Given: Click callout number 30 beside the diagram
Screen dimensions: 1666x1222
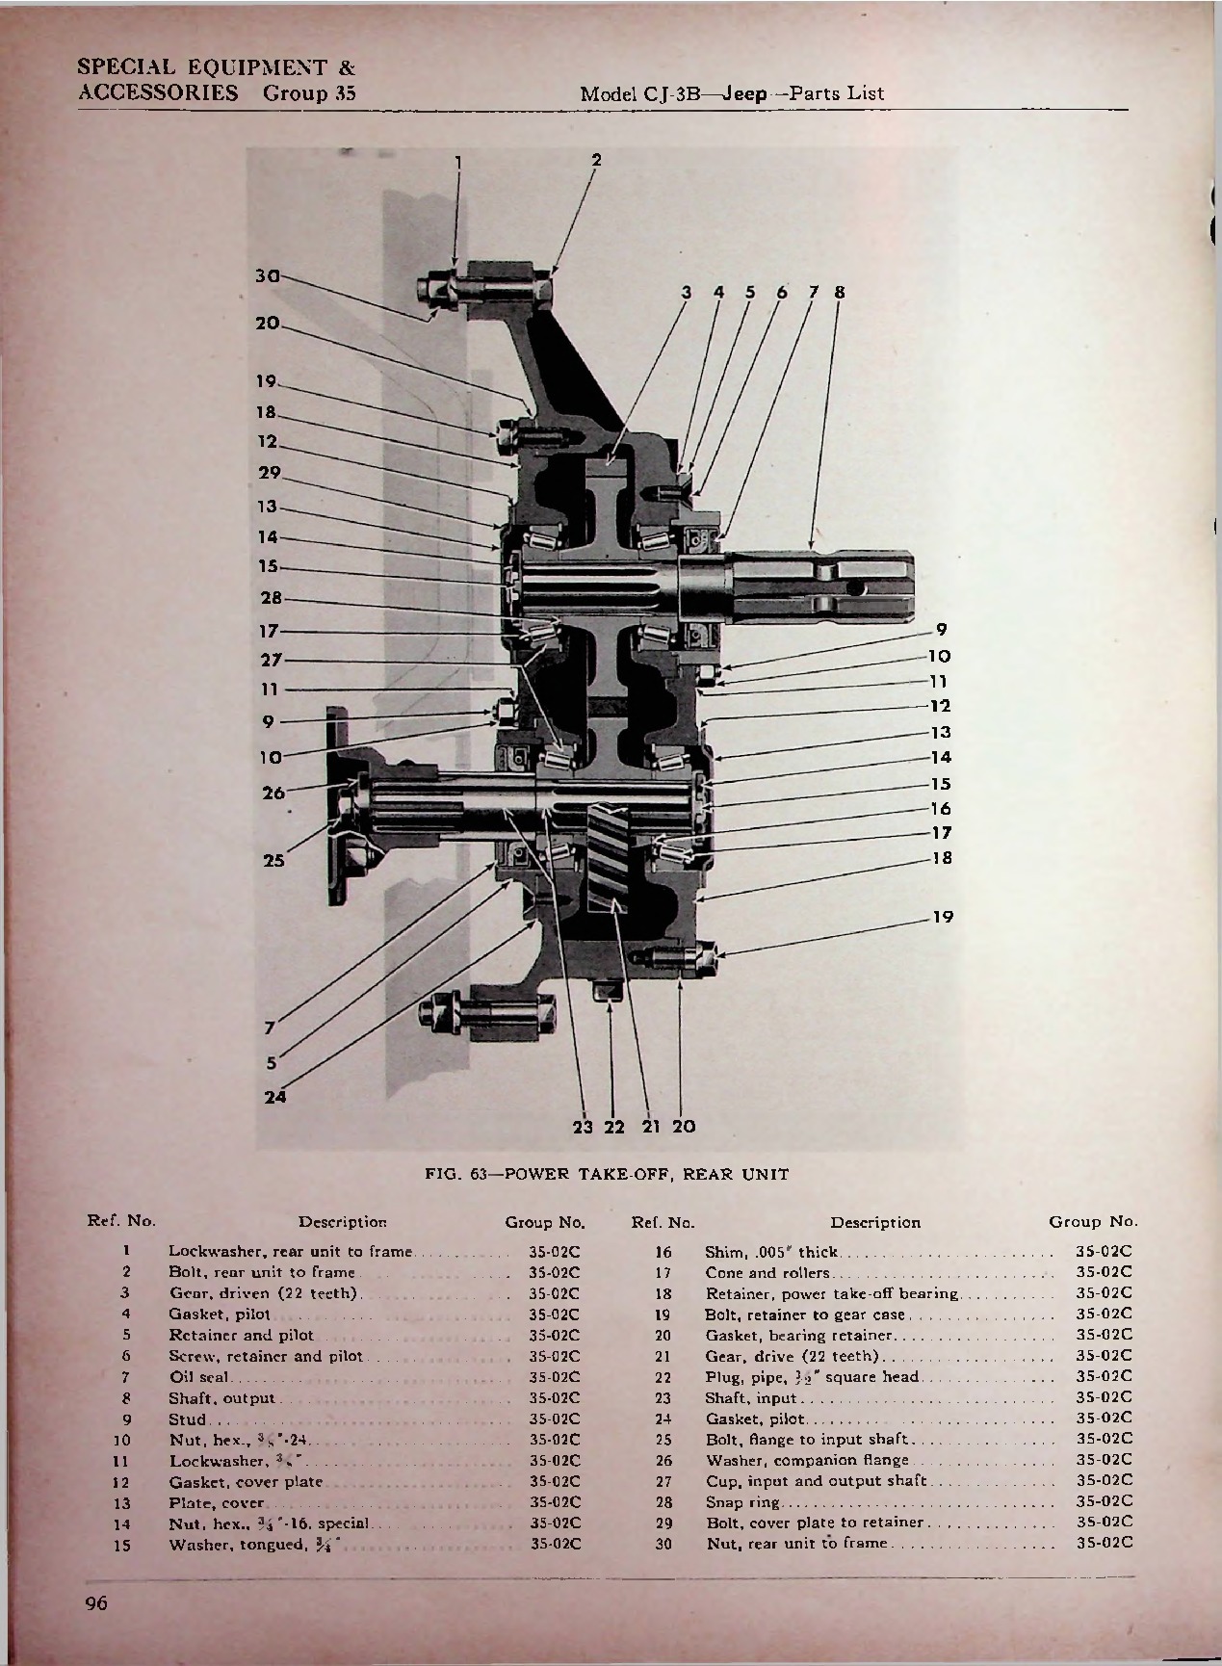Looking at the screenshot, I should tap(266, 275).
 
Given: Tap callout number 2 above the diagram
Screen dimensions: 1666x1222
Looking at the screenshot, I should tap(596, 161).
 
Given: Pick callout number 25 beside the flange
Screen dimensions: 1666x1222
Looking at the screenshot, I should tap(274, 861).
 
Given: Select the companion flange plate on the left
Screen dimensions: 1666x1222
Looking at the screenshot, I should tap(337, 805).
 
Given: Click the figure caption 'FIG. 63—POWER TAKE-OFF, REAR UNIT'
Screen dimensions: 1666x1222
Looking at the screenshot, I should tap(608, 1174).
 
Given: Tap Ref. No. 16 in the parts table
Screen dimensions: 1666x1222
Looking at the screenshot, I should tap(662, 1252).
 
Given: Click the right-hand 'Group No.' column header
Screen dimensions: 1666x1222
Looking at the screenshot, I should tap(1092, 1222).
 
